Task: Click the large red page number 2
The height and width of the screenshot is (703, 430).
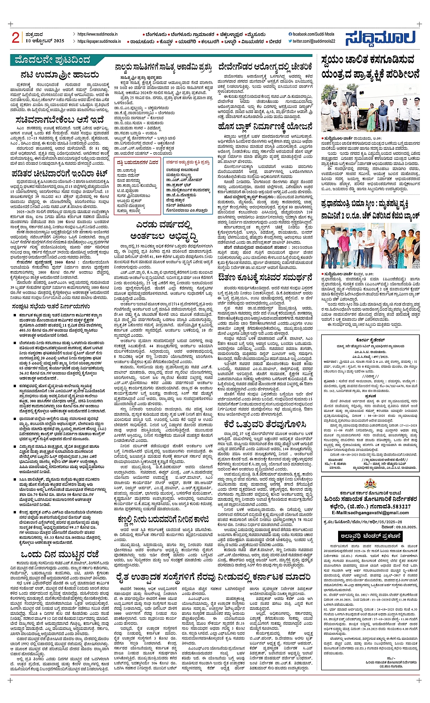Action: point(16,38)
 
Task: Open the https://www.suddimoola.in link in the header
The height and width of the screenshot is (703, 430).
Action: point(97,34)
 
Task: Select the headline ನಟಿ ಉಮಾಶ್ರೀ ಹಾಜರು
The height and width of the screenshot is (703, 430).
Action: point(58,74)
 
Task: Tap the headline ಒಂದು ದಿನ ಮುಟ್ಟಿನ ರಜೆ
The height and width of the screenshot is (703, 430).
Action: point(58,554)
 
